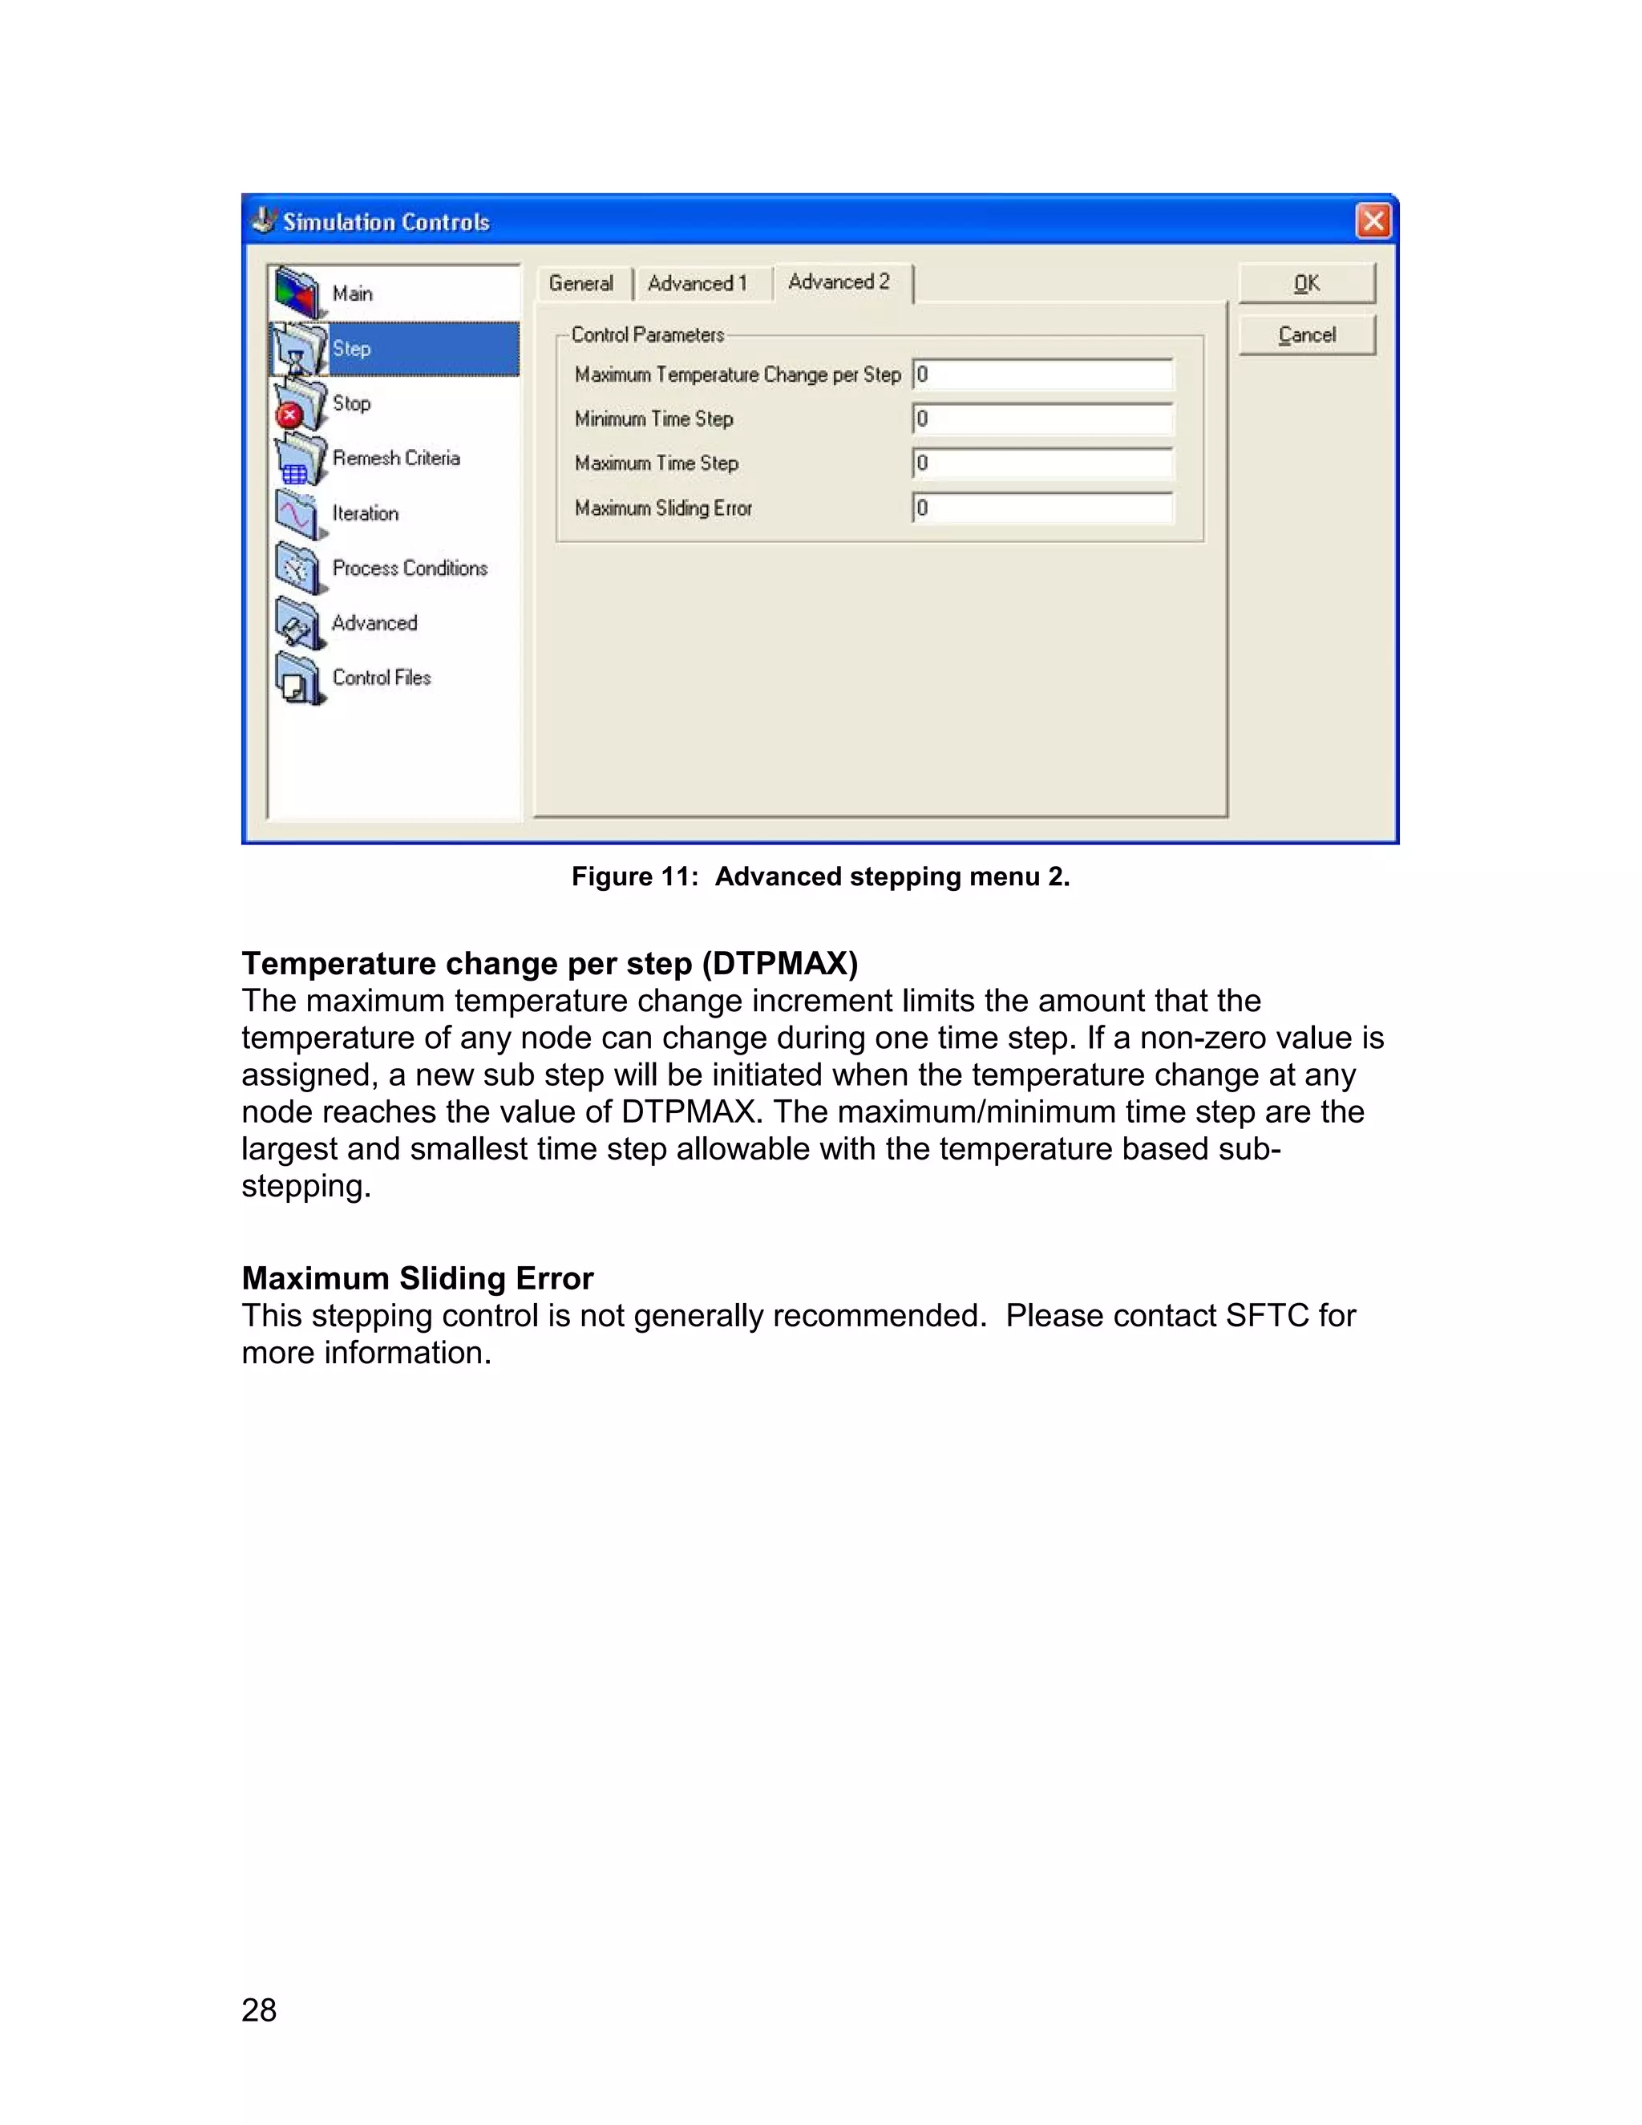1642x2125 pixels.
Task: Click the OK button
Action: click(x=1305, y=283)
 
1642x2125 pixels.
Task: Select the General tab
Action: click(x=580, y=283)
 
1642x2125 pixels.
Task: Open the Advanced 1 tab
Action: click(x=697, y=283)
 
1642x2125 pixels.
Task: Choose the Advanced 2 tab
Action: click(x=839, y=282)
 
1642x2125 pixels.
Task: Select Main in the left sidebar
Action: click(x=352, y=293)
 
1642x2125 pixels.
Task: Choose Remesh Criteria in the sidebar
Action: click(x=395, y=458)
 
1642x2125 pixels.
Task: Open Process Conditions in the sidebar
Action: click(x=409, y=569)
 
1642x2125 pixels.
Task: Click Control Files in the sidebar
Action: click(x=382, y=678)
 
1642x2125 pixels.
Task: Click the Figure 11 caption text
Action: click(x=820, y=876)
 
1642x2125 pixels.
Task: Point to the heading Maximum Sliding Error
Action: click(x=417, y=1277)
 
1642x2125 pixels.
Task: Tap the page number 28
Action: click(x=259, y=2010)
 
